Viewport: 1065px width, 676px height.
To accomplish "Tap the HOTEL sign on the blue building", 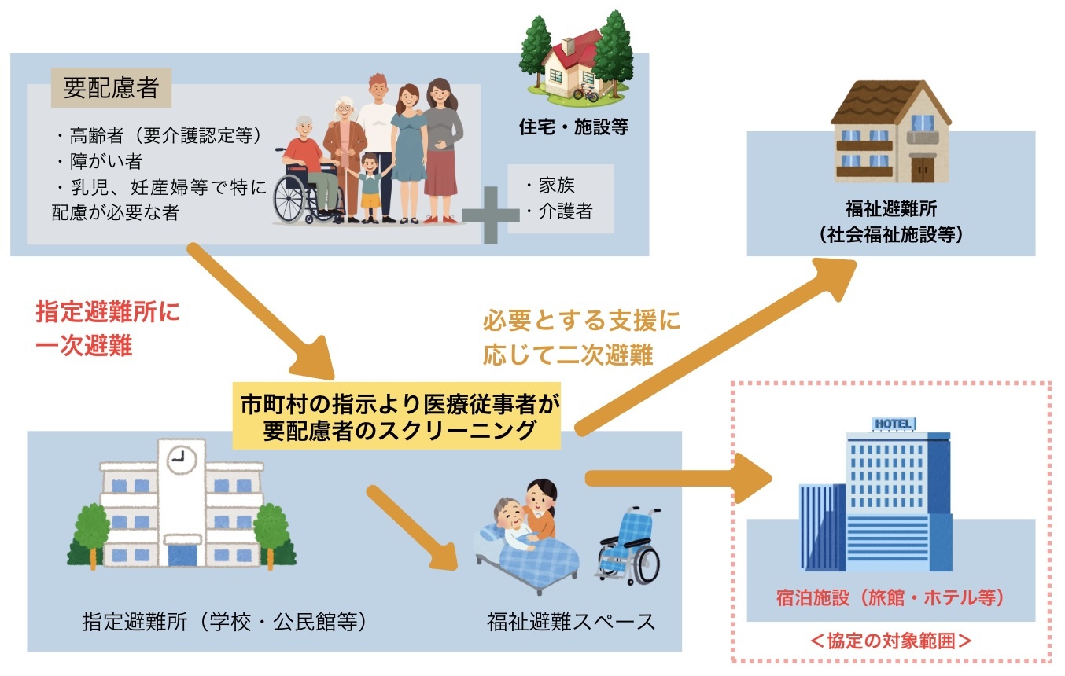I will [894, 424].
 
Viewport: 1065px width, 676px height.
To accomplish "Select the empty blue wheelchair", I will [628, 545].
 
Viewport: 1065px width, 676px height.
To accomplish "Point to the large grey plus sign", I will [490, 214].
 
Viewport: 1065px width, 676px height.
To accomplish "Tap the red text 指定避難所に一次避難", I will [107, 329].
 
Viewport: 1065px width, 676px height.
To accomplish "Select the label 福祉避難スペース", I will [571, 622].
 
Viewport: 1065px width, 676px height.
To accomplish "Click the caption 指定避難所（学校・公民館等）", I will [225, 622].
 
